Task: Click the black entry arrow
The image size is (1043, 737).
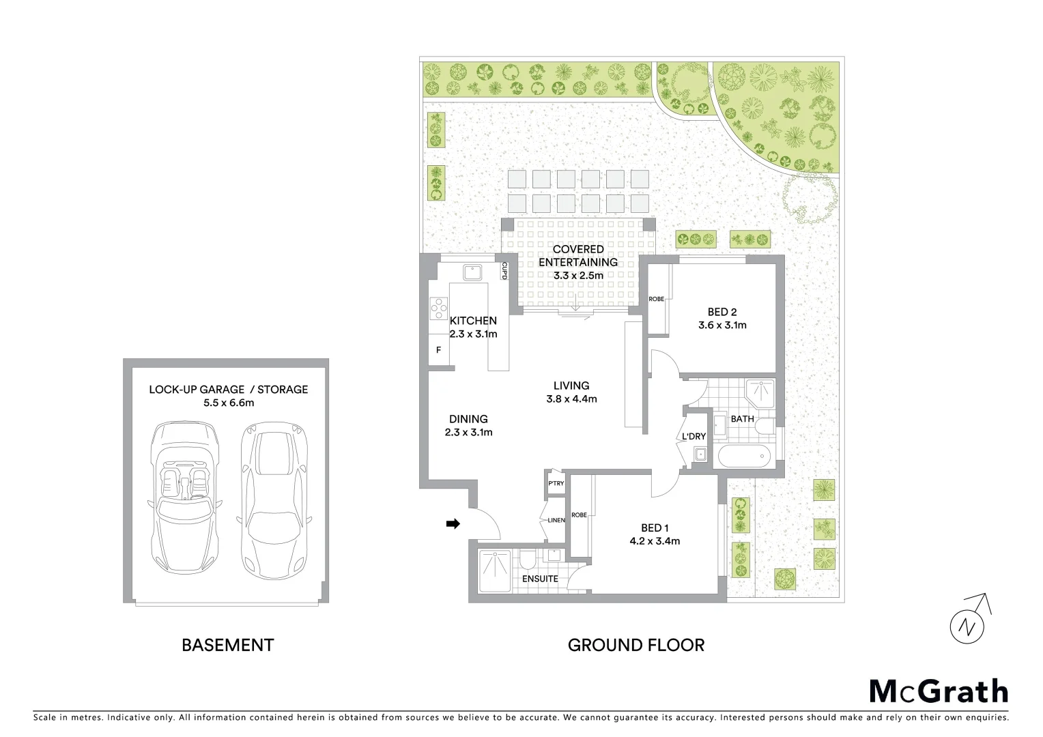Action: (453, 523)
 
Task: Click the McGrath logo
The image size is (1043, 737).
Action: (938, 691)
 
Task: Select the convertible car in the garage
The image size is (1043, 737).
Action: (183, 498)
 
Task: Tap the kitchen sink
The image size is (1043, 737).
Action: (472, 272)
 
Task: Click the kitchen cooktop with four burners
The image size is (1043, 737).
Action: (438, 309)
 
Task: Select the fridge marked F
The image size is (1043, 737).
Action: (438, 350)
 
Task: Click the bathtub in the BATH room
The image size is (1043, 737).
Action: (742, 455)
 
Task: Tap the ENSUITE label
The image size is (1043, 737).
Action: (540, 579)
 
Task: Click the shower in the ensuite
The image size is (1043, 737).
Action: (494, 571)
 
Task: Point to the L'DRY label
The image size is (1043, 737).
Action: (694, 437)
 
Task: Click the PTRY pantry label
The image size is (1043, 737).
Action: (556, 483)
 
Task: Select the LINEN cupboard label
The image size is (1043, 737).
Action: (556, 520)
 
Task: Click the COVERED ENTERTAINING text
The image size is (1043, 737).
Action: (577, 256)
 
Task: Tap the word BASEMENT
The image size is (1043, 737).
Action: (227, 645)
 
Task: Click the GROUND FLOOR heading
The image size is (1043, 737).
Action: (635, 645)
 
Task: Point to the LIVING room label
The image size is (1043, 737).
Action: (571, 386)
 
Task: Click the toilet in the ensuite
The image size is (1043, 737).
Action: (526, 560)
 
